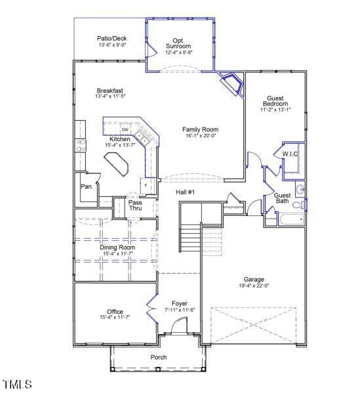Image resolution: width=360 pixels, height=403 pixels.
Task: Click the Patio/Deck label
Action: pyautogui.click(x=112, y=39)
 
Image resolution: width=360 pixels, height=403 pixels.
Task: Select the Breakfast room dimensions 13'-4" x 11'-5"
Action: pyautogui.click(x=110, y=96)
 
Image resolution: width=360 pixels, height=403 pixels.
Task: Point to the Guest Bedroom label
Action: pyautogui.click(x=275, y=101)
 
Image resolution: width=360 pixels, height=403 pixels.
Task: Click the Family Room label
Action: pyautogui.click(x=200, y=130)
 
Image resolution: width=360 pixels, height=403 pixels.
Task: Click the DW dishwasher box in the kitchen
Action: pyautogui.click(x=125, y=129)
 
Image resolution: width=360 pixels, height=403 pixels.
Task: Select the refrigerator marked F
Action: pyautogui.click(x=146, y=186)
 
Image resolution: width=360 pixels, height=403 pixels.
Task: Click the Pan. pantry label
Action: pyautogui.click(x=87, y=186)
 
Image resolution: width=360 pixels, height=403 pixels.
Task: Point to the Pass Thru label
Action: pyautogui.click(x=135, y=205)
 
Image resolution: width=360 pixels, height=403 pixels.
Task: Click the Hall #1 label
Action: pyautogui.click(x=186, y=192)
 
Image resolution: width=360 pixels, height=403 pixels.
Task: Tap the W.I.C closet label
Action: pyautogui.click(x=290, y=154)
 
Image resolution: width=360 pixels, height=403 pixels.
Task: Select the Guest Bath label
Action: pyautogui.click(x=282, y=198)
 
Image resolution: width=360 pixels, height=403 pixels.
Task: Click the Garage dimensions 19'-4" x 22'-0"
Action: pyautogui.click(x=254, y=286)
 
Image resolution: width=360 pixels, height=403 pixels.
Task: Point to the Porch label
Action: pyautogui.click(x=159, y=357)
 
